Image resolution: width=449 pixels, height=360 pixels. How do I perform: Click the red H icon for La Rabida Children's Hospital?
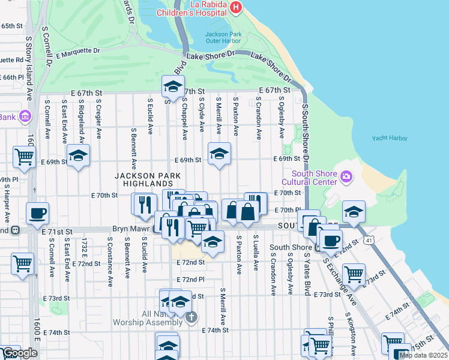(x=236, y=8)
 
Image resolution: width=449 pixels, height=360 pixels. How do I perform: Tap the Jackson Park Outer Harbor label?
(x=223, y=38)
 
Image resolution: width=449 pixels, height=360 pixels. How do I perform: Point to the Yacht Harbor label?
(x=389, y=138)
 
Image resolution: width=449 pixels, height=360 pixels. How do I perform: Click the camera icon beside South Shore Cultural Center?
(x=346, y=176)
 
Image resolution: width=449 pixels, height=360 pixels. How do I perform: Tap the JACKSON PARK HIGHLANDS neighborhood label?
(x=145, y=179)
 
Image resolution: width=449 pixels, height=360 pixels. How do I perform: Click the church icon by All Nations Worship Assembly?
(x=191, y=317)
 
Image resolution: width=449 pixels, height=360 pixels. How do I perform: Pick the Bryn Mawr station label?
(x=131, y=229)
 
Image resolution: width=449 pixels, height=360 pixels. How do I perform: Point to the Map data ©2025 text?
(x=423, y=355)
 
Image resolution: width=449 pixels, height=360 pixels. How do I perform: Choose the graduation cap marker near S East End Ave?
(x=78, y=155)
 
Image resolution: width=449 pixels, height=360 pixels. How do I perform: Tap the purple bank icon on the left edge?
(x=26, y=116)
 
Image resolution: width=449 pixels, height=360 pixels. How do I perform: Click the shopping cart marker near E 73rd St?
(x=354, y=274)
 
